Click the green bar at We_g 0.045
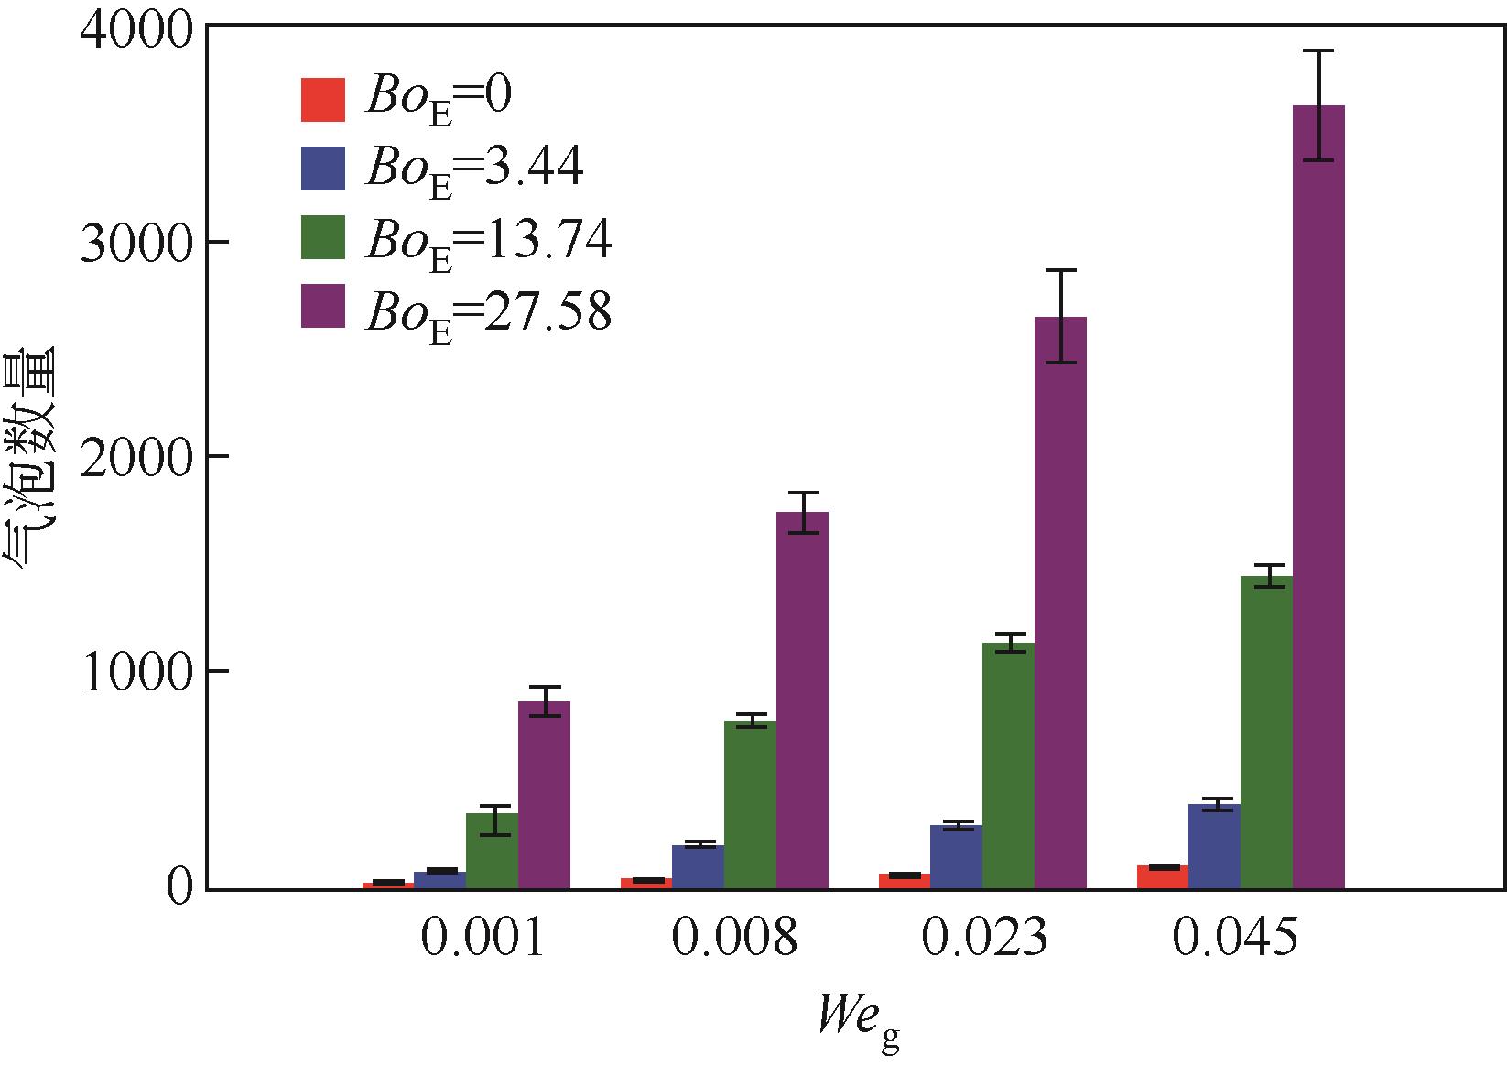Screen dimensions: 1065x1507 [1266, 733]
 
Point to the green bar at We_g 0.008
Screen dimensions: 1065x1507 [750, 805]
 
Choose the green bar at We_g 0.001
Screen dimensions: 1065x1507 [492, 851]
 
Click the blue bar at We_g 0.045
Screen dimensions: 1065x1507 [1214, 846]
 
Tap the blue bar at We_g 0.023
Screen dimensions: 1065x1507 [956, 856]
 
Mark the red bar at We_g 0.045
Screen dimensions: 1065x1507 [1163, 876]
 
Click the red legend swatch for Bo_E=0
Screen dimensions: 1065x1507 [323, 99]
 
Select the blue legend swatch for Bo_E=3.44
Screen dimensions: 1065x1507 [323, 168]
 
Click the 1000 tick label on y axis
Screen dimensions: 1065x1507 [134, 673]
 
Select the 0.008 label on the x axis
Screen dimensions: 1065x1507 [734, 939]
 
